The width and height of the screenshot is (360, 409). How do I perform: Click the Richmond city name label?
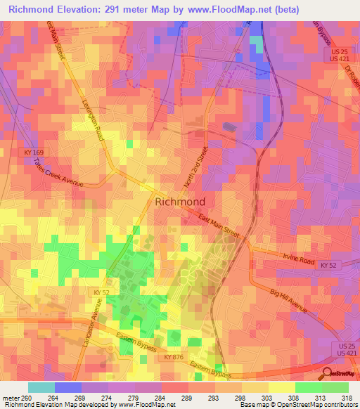click(x=179, y=202)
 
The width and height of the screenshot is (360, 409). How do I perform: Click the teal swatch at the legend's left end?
click(x=41, y=387)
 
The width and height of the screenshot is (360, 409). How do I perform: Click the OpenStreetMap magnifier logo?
click(x=326, y=373)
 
